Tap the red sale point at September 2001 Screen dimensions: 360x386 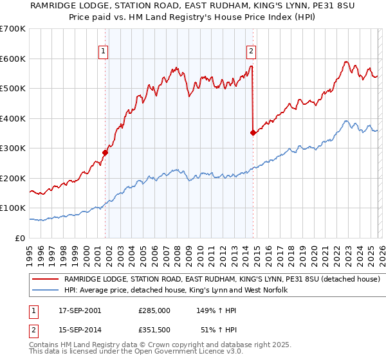(106, 153)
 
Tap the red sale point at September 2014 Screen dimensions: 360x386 (253, 133)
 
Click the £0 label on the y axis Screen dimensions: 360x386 (19, 238)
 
